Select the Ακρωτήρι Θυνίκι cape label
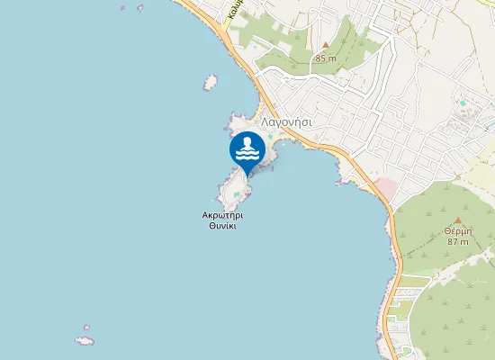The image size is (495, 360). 222,220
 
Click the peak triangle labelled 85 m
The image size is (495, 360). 325,45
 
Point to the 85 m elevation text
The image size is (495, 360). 325,58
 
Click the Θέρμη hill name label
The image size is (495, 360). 457,230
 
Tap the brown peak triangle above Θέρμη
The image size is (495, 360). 457,219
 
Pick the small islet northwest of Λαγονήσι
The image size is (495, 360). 211,83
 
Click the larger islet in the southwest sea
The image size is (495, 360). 85,341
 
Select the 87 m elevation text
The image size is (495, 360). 457,242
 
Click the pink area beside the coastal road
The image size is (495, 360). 384,188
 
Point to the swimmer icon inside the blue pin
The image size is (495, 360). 247,147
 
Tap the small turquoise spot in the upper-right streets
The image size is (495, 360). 463,103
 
